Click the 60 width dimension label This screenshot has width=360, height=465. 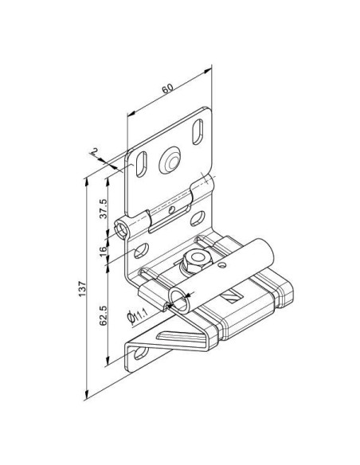click(x=167, y=88)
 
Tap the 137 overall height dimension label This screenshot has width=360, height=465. click(x=82, y=288)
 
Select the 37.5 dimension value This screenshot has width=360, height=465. click(x=104, y=209)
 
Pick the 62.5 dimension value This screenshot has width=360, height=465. click(x=104, y=315)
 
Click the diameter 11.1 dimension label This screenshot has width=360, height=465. click(x=138, y=316)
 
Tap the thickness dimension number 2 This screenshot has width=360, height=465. click(x=95, y=151)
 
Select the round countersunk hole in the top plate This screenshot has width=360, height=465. click(x=170, y=161)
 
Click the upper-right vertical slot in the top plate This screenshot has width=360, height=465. click(x=198, y=131)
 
